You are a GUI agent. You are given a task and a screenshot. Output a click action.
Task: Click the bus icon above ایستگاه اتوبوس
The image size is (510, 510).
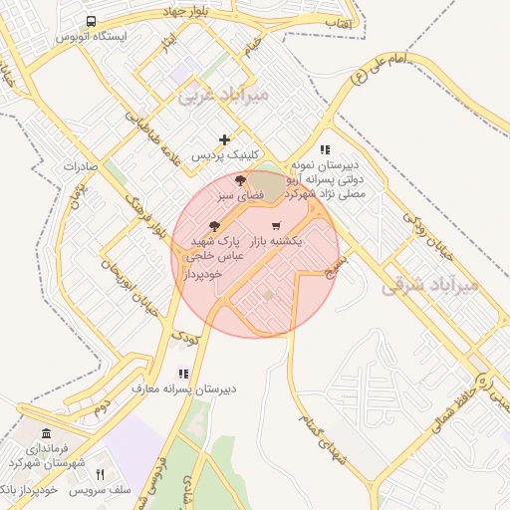pyautogui.click(x=92, y=21)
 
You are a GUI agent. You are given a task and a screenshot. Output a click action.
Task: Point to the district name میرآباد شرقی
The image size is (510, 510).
pyautogui.click(x=429, y=286)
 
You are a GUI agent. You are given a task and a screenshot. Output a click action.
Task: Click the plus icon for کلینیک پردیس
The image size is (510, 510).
pyautogui.click(x=225, y=139)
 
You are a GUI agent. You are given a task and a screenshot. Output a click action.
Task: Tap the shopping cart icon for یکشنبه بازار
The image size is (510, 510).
pyautogui.click(x=276, y=226)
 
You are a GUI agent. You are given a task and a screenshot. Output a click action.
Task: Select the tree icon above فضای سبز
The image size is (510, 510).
pyautogui.click(x=240, y=180)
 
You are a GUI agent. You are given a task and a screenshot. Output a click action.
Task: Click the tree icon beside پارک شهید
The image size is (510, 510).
pyautogui.click(x=214, y=226)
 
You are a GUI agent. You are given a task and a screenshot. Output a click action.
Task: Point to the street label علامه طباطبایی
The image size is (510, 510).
pyautogui.click(x=152, y=136)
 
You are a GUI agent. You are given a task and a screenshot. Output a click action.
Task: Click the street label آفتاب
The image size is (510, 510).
pyautogui.click(x=337, y=20)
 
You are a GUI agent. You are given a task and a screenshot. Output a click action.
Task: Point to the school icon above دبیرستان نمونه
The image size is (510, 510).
pyautogui.click(x=325, y=149)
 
